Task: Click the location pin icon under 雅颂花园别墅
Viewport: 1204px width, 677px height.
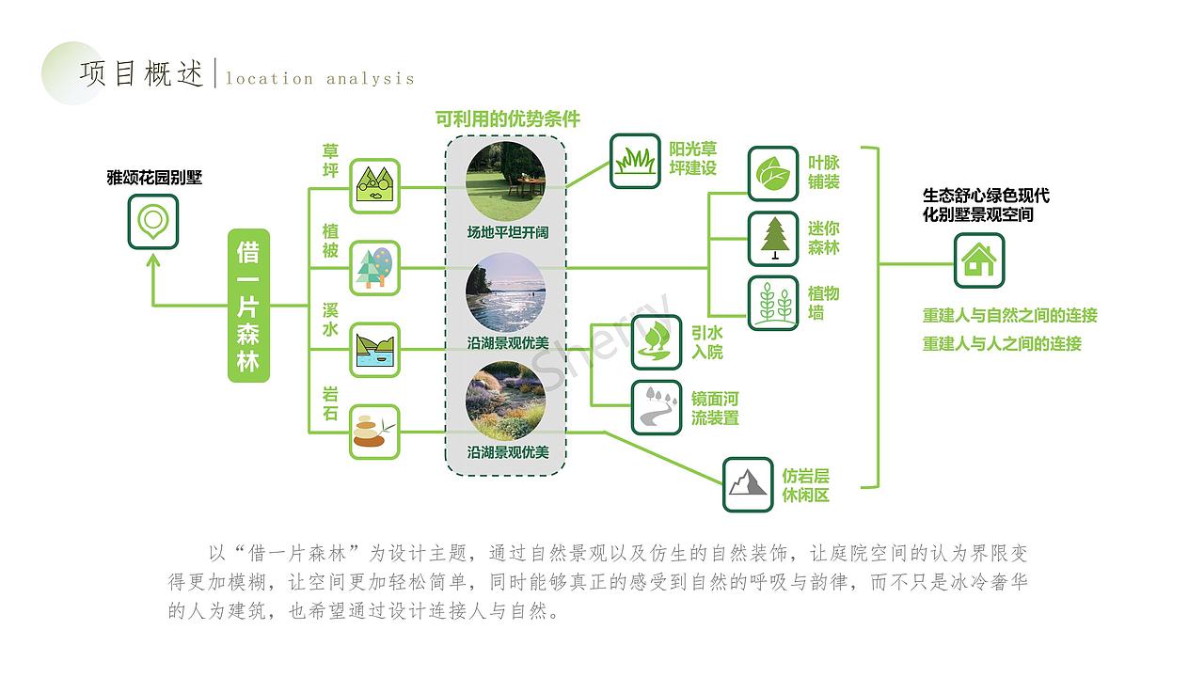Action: coord(152,222)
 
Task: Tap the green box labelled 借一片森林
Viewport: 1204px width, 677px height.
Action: coord(248,305)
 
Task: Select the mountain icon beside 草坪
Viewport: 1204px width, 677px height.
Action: coord(375,185)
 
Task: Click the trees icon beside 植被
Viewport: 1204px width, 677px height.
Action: coord(375,268)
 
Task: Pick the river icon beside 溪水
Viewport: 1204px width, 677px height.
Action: coord(375,350)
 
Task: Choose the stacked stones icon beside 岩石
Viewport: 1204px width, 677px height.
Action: coord(375,432)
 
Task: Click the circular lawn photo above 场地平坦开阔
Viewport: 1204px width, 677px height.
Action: coord(507,182)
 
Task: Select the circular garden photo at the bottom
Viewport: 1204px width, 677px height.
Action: coord(507,401)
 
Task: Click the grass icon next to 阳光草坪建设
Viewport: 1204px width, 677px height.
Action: coord(635,161)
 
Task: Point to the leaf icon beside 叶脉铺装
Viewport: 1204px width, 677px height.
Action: coord(773,173)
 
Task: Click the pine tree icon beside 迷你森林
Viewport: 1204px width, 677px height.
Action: coord(773,238)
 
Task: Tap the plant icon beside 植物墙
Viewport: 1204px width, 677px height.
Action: coord(773,303)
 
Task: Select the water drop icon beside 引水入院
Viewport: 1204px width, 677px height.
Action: coord(657,341)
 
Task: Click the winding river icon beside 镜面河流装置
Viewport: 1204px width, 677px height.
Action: coord(657,407)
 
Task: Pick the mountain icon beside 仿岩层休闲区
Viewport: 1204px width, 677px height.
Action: coord(748,484)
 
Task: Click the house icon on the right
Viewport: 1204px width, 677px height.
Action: coord(979,260)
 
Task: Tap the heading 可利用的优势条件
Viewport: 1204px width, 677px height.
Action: coord(507,119)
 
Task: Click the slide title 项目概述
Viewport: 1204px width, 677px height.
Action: coord(142,75)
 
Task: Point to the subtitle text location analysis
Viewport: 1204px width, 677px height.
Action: coord(320,79)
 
